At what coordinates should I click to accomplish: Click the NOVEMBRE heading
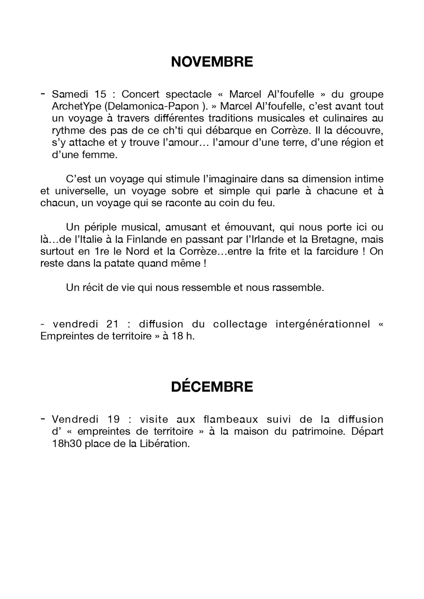[x=212, y=62]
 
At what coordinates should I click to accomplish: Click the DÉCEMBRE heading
[x=212, y=387]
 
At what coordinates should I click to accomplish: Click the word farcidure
[x=331, y=251]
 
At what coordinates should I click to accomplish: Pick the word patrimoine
[x=316, y=431]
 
